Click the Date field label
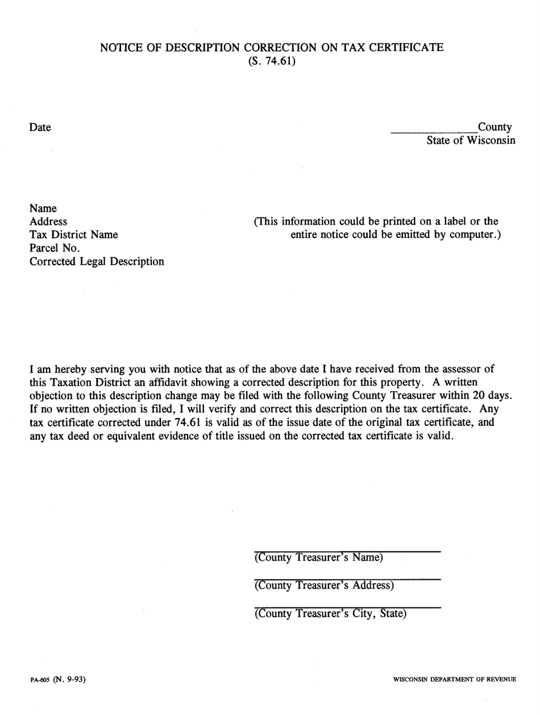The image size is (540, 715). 40,128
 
